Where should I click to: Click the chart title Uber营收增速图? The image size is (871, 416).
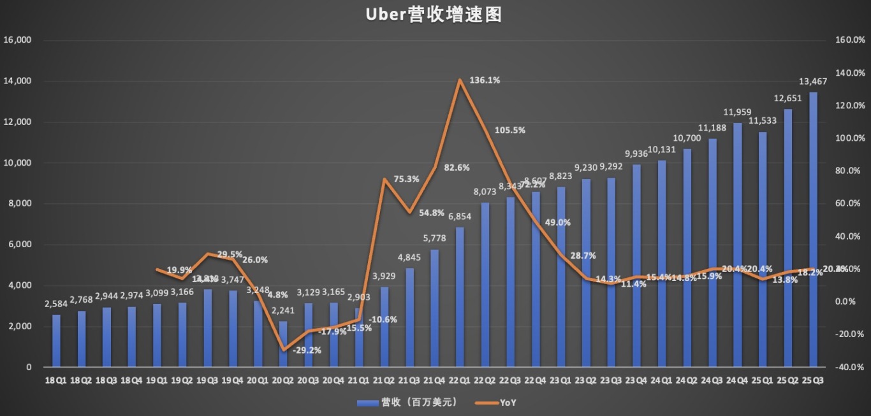(x=434, y=15)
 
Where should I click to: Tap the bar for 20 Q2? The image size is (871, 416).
(x=283, y=344)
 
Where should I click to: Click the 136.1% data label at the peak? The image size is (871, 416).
(x=485, y=80)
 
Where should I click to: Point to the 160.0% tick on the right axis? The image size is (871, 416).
(x=849, y=40)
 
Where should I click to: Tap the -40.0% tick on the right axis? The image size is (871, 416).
(x=849, y=367)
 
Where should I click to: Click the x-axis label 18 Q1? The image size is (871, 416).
(x=56, y=380)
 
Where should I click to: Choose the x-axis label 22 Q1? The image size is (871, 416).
(x=460, y=380)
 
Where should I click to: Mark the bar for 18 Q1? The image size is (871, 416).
(x=56, y=341)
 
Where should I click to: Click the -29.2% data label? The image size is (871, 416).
(x=307, y=350)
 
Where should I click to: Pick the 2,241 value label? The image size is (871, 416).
(x=282, y=310)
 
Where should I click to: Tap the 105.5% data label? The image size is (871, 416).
(x=509, y=131)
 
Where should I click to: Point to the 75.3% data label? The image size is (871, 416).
(x=406, y=179)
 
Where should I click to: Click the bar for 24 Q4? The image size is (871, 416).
(x=737, y=245)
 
